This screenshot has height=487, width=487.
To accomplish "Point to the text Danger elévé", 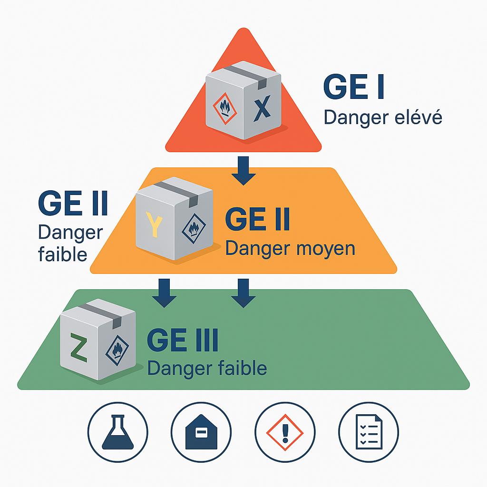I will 383,117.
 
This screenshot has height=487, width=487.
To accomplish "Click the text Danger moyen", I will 290,248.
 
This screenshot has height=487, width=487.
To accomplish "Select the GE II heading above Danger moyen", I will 257,220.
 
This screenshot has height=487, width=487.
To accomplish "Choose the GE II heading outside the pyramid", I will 73,204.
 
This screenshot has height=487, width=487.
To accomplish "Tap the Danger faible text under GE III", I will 207,368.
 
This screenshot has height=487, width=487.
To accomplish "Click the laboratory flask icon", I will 117,432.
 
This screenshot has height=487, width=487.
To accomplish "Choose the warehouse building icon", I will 201,432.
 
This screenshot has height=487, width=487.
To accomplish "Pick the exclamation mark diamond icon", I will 285,432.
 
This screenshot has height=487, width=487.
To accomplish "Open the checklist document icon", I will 369,432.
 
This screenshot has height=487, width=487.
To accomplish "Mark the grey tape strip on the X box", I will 245,74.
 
